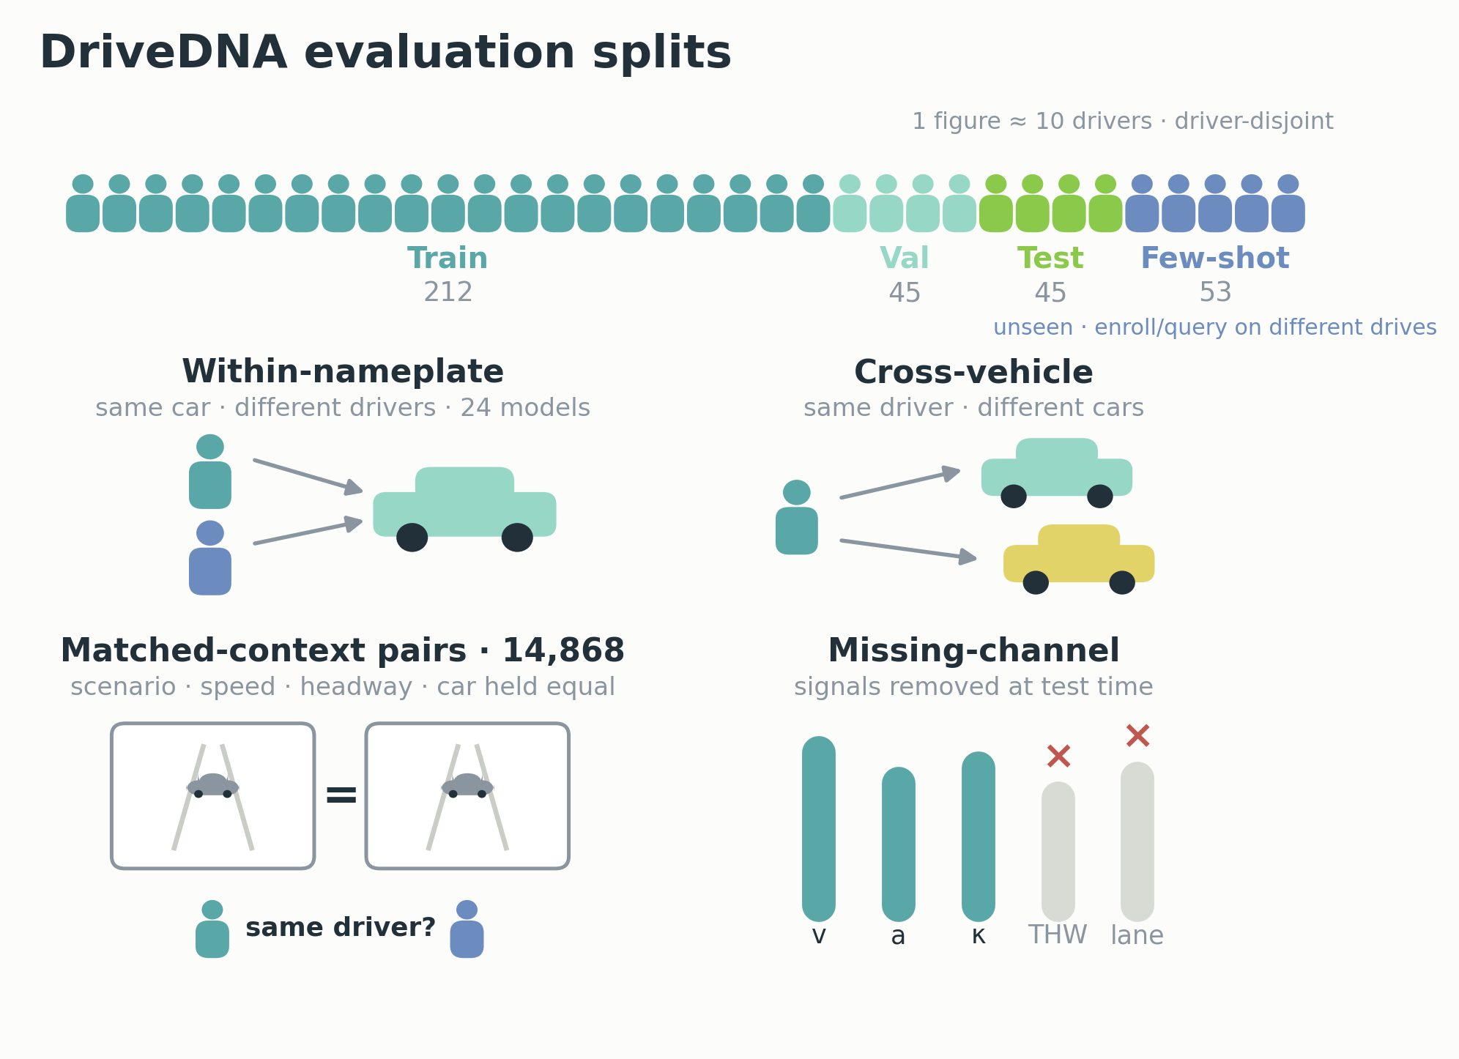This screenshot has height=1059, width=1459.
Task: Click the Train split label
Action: coord(448,259)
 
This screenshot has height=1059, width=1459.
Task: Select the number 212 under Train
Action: coord(448,292)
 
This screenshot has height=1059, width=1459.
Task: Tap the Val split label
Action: coord(905,259)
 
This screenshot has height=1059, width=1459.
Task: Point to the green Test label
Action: coord(1050,259)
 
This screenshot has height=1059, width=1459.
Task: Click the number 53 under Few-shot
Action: coord(1215,292)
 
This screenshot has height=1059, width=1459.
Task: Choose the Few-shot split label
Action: coord(1215,259)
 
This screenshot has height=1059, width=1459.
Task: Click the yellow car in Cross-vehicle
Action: coord(1079,559)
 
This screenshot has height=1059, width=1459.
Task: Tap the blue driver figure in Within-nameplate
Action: coord(210,557)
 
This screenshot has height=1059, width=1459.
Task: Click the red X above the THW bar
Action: coord(1058,756)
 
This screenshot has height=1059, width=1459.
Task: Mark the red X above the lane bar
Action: coord(1137,735)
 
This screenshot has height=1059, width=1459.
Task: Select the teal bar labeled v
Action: coord(819,829)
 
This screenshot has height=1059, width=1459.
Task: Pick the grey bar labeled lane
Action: coord(1137,841)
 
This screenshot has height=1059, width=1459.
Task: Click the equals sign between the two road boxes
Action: coord(341,795)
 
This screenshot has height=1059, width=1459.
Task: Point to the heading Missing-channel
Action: coord(973,650)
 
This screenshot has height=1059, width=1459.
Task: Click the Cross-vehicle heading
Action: coord(973,372)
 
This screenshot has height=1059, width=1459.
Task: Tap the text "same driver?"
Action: coord(341,927)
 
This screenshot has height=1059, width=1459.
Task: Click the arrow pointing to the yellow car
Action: coord(908,550)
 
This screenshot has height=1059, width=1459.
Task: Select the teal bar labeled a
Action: coord(899,844)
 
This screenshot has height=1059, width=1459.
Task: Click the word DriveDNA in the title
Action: coord(163,53)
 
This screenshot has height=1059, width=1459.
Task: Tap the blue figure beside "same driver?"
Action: coord(467,929)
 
